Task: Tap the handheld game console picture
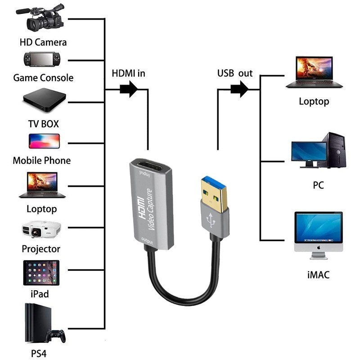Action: click(43, 59)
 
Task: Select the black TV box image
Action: click(43, 100)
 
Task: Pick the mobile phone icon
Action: click(44, 141)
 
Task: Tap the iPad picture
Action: click(41, 273)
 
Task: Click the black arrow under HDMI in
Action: click(129, 89)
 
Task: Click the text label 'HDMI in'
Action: click(128, 73)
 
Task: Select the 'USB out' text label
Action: click(235, 73)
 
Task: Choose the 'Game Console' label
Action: click(43, 78)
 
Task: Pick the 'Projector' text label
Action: click(41, 249)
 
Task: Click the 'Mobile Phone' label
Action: click(41, 160)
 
